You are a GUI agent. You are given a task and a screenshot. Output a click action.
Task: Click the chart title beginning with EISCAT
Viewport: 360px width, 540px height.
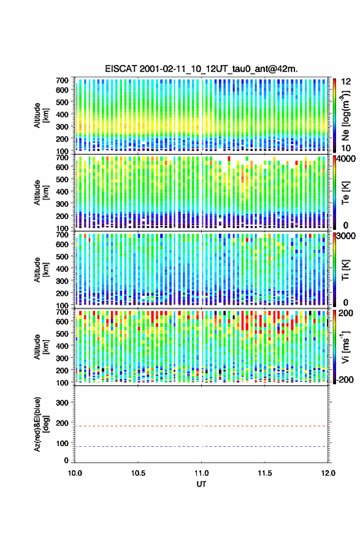click(x=201, y=69)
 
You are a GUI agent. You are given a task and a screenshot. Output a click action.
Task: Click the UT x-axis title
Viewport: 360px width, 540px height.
click(x=201, y=484)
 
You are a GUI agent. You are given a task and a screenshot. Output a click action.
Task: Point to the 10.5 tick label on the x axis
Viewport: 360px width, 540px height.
click(x=138, y=473)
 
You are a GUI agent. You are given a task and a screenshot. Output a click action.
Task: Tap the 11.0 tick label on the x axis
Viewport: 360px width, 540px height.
click(x=201, y=473)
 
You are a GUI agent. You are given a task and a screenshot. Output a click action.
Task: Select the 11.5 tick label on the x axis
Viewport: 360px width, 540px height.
click(x=265, y=473)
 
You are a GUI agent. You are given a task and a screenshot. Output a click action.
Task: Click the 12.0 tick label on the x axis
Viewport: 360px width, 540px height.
click(x=328, y=473)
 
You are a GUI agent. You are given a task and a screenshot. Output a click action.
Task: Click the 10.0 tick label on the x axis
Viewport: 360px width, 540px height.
click(x=75, y=473)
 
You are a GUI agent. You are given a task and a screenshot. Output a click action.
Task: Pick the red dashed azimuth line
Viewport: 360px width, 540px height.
click(x=201, y=426)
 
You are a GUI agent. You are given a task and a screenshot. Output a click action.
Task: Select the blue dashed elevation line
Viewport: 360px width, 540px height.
click(x=201, y=446)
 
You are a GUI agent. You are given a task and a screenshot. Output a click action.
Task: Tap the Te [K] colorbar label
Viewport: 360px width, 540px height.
click(x=345, y=193)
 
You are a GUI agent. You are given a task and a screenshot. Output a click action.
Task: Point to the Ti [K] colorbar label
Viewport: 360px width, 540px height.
click(x=345, y=269)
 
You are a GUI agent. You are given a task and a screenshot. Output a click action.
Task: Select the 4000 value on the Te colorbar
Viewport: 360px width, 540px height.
click(x=347, y=159)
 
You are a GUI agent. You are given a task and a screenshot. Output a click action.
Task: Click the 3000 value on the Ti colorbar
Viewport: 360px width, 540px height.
click(x=347, y=236)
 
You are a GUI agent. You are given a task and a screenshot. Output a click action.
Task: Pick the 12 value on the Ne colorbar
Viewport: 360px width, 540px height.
click(x=346, y=81)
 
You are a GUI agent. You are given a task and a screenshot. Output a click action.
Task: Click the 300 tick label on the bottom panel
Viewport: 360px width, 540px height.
click(x=62, y=403)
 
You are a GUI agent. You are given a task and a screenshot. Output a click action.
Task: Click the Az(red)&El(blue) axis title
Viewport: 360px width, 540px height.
click(x=41, y=424)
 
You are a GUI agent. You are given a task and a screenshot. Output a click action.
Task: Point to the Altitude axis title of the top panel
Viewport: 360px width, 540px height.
click(x=41, y=115)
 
